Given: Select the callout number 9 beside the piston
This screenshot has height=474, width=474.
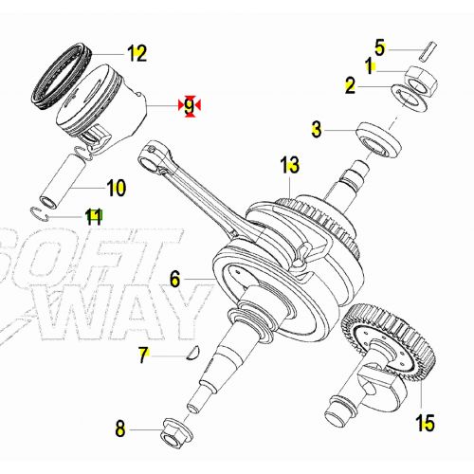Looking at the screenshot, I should click(190, 106).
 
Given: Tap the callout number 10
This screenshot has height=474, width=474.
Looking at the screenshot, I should click(115, 188).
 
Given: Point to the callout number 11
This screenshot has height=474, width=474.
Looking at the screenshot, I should click(93, 217).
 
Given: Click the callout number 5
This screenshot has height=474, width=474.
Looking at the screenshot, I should click(379, 46).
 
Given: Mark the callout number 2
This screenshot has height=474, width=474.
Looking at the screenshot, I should click(350, 87).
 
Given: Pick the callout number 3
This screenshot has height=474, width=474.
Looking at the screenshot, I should click(318, 129).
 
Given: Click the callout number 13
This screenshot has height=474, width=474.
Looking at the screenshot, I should click(289, 167).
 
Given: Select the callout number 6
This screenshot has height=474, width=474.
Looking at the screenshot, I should click(174, 279).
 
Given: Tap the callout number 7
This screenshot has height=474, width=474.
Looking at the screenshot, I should click(144, 356).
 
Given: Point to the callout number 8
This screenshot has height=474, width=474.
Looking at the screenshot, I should click(119, 429).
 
